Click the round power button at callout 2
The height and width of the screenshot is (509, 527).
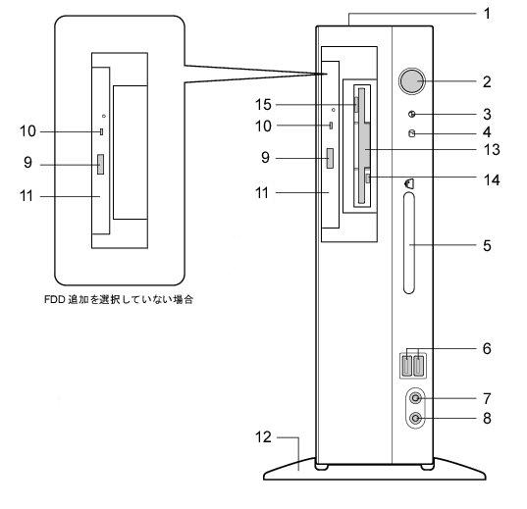click(412, 81)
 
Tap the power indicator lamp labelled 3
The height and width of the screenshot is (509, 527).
click(412, 114)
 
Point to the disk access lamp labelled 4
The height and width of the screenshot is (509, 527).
click(412, 133)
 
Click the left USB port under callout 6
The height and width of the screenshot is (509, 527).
click(406, 366)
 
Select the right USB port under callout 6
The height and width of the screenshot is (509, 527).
click(419, 366)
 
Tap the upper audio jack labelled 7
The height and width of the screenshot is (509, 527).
click(416, 398)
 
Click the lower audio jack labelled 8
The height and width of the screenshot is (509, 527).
click(416, 419)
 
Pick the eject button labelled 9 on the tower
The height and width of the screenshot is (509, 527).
click(330, 158)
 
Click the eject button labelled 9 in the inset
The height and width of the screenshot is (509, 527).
click(100, 165)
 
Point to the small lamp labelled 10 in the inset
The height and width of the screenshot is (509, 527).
click(101, 131)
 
